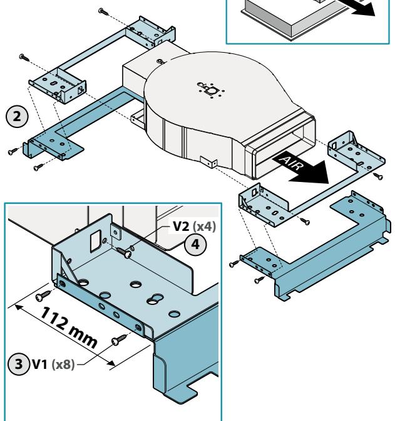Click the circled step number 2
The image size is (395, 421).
coord(17,117)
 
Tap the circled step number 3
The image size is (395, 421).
coord(19,364)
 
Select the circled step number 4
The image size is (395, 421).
coord(195,244)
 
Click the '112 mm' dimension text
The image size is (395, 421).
coord(69,328)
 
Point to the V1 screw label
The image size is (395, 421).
coord(40,365)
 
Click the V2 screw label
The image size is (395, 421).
coord(182,226)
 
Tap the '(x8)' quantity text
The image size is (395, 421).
coord(63,365)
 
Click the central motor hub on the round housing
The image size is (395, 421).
coord(212,90)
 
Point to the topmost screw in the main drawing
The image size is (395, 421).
coord(103,11)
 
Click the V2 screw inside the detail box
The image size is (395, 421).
coord(124,252)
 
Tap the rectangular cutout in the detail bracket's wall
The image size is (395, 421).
coord(95,241)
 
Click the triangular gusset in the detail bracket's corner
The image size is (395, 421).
coord(69,269)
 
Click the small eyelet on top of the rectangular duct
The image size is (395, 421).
coord(160,61)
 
